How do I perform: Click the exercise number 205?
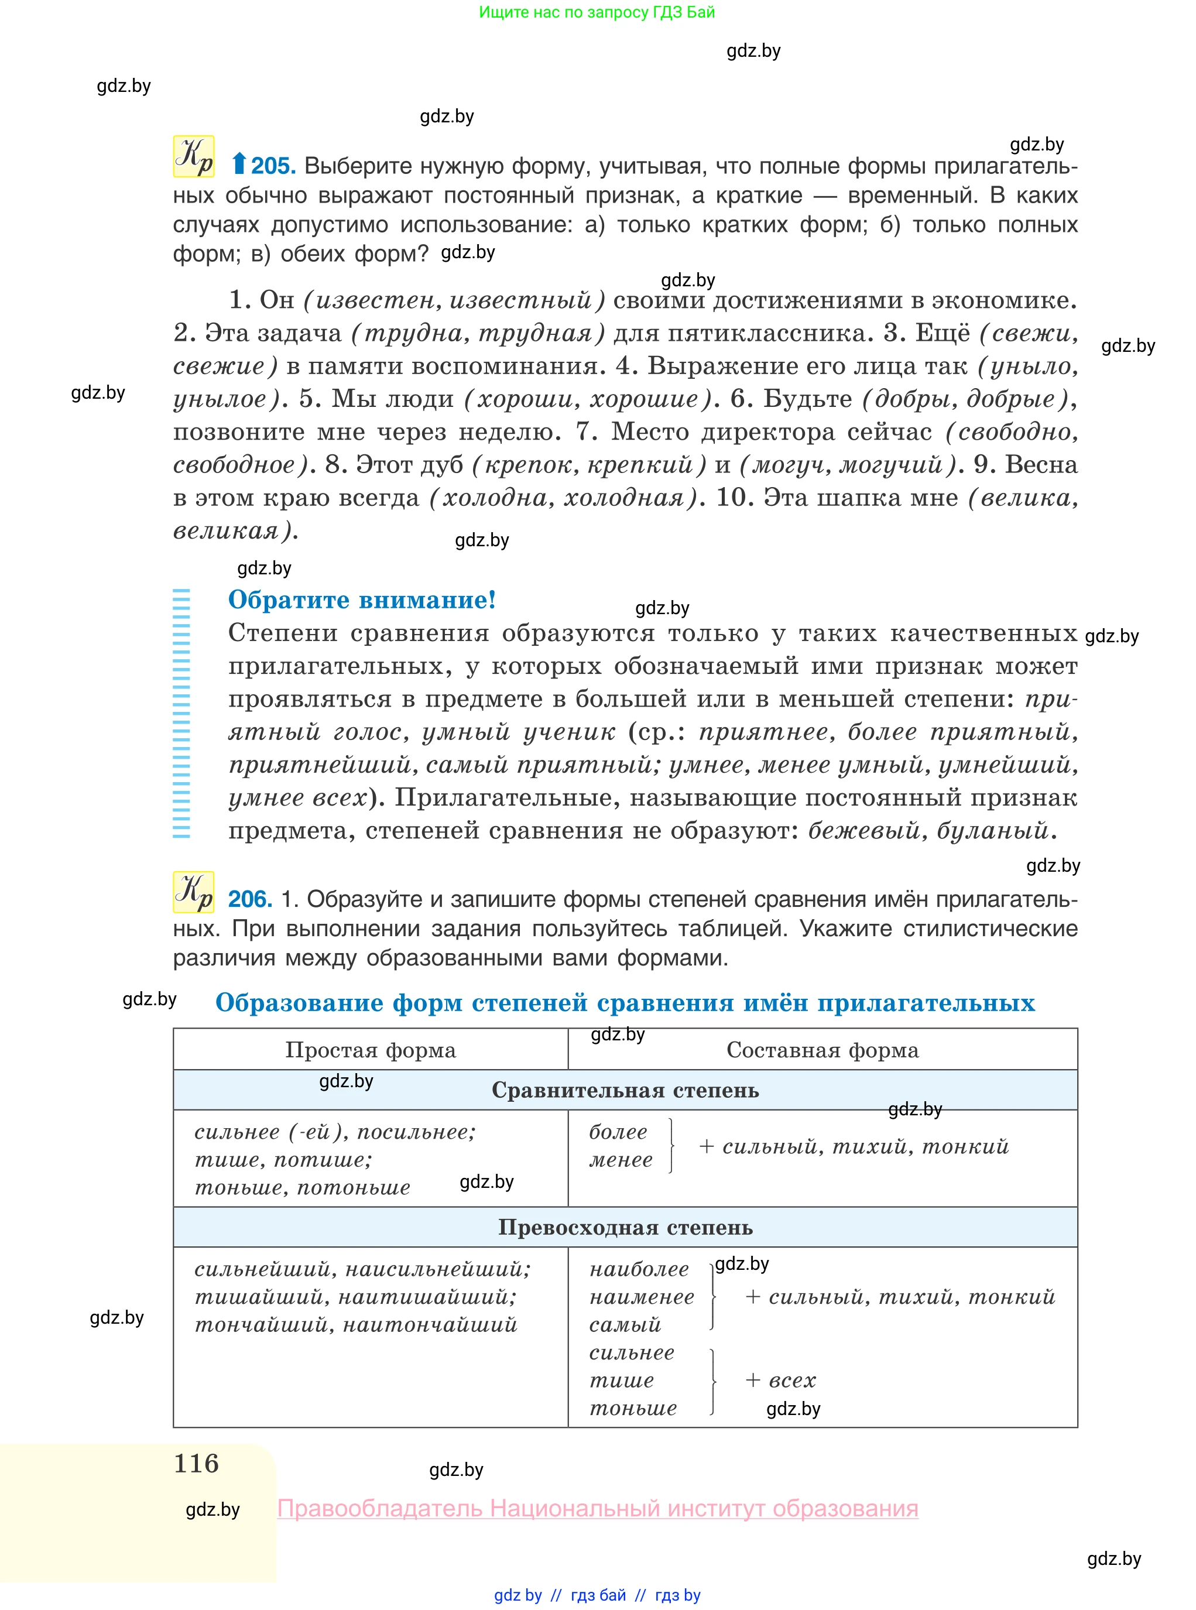point(273,166)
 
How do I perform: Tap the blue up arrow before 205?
point(238,165)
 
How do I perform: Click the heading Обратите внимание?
point(362,600)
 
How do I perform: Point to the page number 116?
point(196,1463)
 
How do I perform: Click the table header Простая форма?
point(370,1050)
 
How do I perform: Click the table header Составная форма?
point(823,1050)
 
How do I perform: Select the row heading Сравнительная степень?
point(625,1090)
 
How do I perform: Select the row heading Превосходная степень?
point(625,1227)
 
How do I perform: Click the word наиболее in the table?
point(639,1269)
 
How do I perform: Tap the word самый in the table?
point(625,1325)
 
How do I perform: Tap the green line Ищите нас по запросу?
point(597,12)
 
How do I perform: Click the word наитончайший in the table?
point(430,1325)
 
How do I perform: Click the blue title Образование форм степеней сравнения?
point(625,1003)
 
